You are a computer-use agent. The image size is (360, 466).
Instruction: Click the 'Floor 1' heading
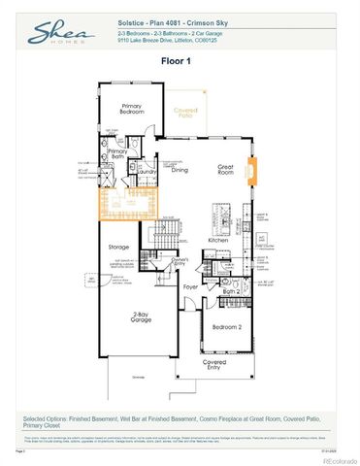point(180,60)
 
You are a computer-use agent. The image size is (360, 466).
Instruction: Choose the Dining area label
point(180,170)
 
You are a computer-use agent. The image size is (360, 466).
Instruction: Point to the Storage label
point(117,247)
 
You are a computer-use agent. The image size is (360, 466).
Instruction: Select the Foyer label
point(191,287)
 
